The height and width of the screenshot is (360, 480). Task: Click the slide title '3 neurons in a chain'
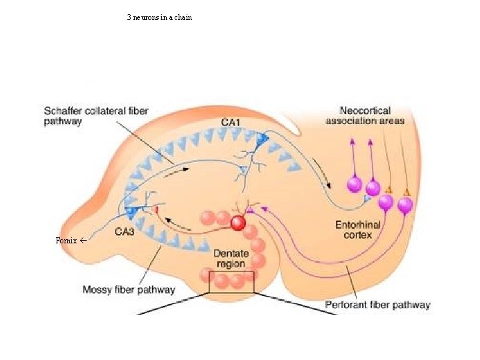159,17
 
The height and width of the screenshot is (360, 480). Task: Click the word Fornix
67,239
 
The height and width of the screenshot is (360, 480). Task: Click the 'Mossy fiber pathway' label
129,289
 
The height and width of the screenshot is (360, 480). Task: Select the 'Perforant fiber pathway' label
377,305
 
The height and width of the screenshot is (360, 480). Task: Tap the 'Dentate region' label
229,259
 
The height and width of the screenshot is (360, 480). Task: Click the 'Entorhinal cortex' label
357,230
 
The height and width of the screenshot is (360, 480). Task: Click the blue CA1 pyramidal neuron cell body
261,139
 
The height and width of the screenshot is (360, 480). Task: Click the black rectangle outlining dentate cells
231,282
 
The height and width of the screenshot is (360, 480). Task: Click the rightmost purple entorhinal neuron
405,207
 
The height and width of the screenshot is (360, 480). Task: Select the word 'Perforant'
347,305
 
